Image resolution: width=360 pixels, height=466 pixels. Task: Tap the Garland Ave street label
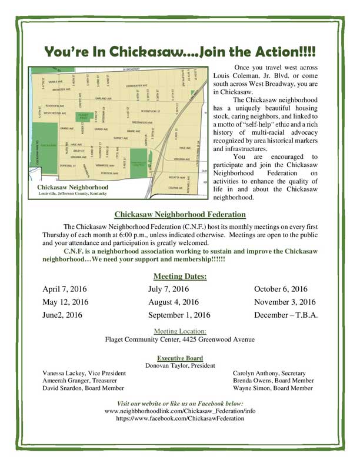(104, 98)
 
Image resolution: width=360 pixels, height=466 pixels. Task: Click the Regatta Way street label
(177, 177)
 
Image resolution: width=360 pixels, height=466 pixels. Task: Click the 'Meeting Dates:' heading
(180, 276)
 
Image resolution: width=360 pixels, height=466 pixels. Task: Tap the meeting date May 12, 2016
(65, 302)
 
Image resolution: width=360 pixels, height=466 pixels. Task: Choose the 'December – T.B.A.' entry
(286, 315)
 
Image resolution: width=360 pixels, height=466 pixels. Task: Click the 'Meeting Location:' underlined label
(180, 331)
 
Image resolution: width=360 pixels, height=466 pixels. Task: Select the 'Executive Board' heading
(180, 358)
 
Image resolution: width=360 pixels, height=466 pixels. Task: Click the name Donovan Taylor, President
(180, 365)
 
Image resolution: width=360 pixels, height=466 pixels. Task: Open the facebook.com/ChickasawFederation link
(180, 418)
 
